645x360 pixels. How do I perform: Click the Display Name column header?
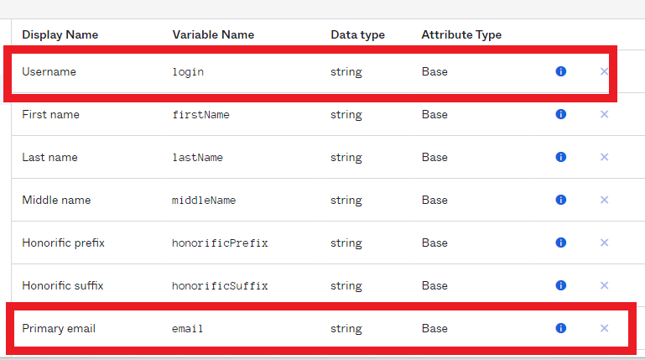(x=60, y=34)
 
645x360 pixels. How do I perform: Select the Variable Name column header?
(x=213, y=34)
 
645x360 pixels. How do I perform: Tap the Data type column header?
(x=357, y=35)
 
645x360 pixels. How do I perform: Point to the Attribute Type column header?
(x=461, y=35)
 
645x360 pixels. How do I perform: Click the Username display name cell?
(x=49, y=71)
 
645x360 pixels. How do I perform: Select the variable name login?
(x=188, y=72)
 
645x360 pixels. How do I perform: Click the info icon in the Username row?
(x=560, y=71)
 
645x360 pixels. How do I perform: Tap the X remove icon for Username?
(x=604, y=71)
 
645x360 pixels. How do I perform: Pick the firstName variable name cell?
(x=200, y=114)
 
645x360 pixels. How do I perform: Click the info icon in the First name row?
(x=560, y=114)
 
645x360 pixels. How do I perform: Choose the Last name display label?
(x=49, y=157)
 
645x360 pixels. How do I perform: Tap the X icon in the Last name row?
(x=604, y=157)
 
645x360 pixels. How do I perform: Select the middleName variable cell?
(x=204, y=200)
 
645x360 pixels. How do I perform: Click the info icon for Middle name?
(x=560, y=200)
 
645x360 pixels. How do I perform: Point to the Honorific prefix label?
(x=64, y=243)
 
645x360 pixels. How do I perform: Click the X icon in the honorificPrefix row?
(x=604, y=243)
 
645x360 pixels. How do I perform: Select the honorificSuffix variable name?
(x=220, y=285)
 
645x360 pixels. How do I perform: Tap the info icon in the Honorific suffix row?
(x=560, y=285)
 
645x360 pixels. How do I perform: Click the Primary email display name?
(x=59, y=328)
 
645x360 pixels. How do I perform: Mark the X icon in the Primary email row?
(x=604, y=328)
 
